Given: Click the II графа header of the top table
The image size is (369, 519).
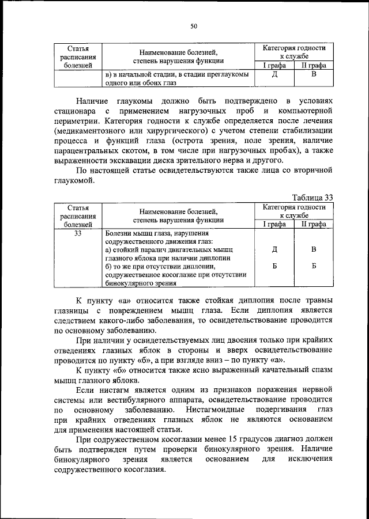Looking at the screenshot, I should (314, 66).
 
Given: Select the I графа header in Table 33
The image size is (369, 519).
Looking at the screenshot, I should (274, 225).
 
